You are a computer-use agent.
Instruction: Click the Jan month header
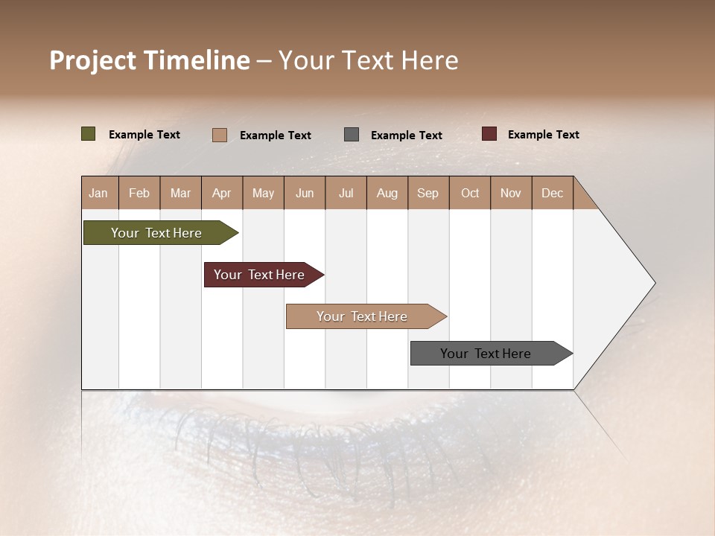click(99, 193)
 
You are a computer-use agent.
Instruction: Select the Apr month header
click(222, 193)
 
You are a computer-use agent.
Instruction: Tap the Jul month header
click(346, 193)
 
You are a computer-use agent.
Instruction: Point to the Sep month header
click(428, 193)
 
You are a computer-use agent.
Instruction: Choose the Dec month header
click(552, 193)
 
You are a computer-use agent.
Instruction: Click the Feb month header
click(139, 193)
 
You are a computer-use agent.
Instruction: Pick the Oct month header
click(470, 193)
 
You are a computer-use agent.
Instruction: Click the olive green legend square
click(89, 134)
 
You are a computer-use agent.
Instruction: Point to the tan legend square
click(220, 135)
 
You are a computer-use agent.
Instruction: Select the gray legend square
click(352, 134)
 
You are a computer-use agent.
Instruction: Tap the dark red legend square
click(489, 134)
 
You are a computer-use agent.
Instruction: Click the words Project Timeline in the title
click(150, 60)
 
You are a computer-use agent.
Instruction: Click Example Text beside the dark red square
click(543, 135)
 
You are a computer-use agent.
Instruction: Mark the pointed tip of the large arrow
click(653, 283)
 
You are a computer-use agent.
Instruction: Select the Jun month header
click(305, 193)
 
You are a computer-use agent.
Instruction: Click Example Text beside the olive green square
click(144, 135)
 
